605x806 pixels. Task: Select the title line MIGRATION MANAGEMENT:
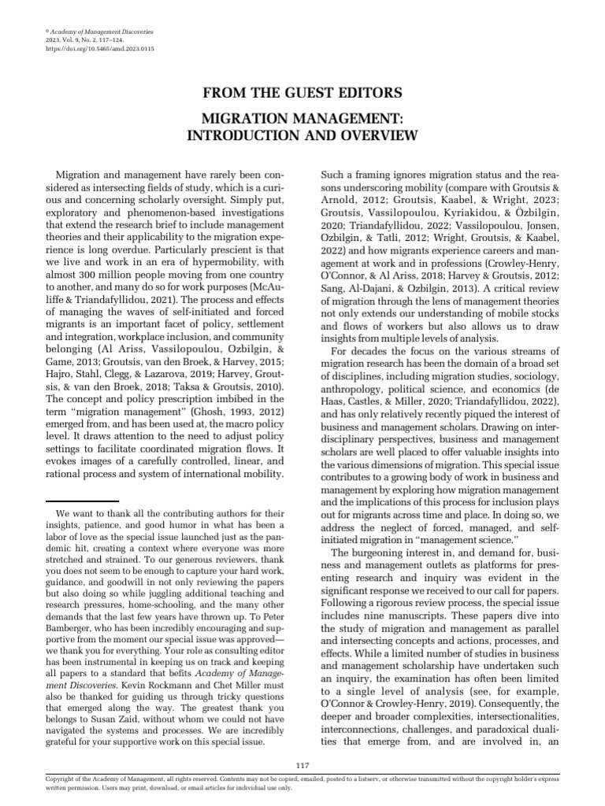coord(303,120)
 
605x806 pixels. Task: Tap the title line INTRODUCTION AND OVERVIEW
coord(303,135)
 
